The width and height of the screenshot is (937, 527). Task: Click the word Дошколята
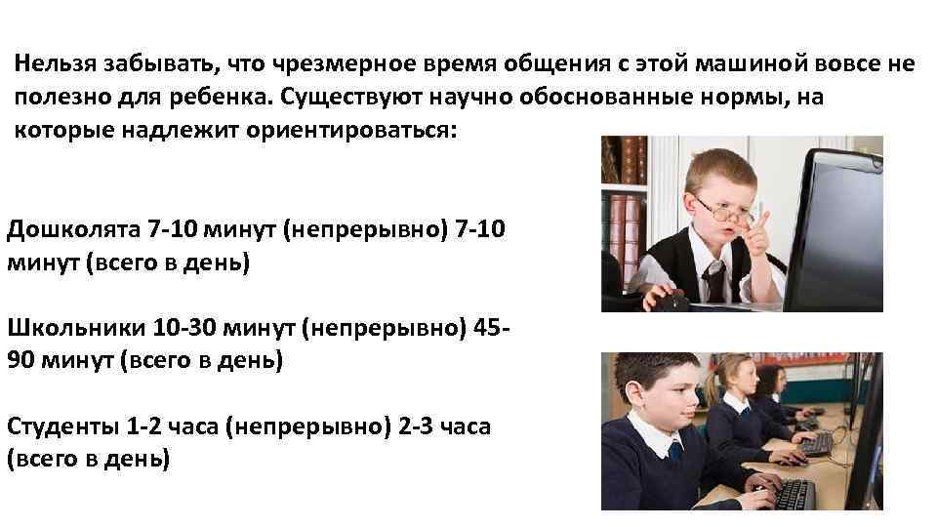pos(72,230)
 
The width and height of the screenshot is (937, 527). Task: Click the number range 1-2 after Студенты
pos(145,426)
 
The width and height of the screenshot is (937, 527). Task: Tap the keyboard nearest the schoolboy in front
pos(791,493)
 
